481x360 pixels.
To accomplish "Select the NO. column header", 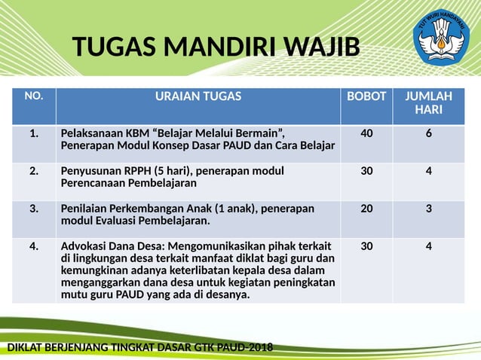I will point(34,96).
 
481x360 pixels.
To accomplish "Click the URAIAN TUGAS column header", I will point(198,96).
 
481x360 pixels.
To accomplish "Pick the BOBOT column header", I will point(366,96).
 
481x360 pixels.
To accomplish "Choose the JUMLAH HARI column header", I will point(428,103).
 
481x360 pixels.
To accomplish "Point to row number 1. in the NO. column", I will point(34,134).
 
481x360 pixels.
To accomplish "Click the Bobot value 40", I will point(366,134).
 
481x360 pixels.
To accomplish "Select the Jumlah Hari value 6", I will point(428,134).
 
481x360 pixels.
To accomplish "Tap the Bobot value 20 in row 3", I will point(366,209).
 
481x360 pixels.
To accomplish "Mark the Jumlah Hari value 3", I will point(428,209).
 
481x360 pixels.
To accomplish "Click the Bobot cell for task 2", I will point(366,171).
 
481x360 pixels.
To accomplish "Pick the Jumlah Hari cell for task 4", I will point(428,246).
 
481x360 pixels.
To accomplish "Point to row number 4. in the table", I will point(34,246).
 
